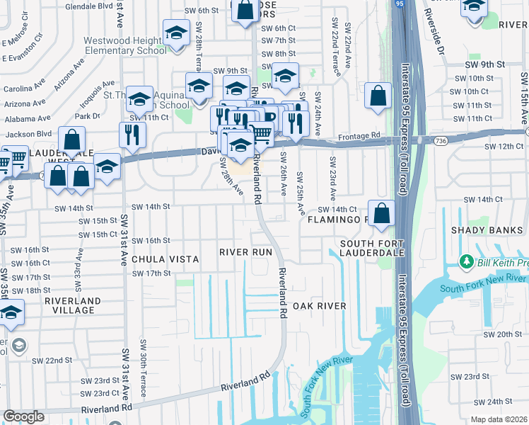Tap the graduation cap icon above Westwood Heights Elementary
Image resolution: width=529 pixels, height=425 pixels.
(175, 32)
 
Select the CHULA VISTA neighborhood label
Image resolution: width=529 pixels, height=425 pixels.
(165, 260)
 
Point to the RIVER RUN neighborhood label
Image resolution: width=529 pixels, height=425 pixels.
(245, 252)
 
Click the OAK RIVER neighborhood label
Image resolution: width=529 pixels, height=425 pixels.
(320, 306)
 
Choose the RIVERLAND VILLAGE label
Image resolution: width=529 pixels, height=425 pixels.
(69, 306)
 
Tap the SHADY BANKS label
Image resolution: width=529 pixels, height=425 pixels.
(487, 231)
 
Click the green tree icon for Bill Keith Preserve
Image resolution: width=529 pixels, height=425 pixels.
(466, 263)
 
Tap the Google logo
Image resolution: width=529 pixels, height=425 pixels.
(23, 416)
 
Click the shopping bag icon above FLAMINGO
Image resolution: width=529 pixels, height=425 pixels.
(381, 212)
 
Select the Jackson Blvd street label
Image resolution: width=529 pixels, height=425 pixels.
(29, 133)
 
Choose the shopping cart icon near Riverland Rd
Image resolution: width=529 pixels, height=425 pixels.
(262, 132)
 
